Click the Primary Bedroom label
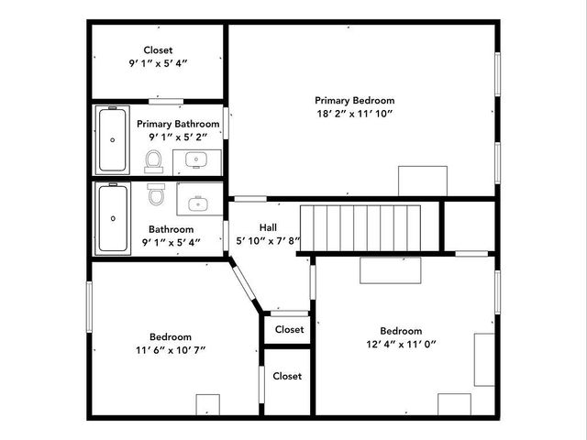[x=354, y=101]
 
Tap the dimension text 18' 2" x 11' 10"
[x=354, y=115]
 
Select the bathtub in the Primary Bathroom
[x=113, y=140]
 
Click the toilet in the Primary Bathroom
[x=153, y=161]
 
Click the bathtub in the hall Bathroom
[x=113, y=218]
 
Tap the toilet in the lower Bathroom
[x=156, y=194]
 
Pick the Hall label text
[x=268, y=228]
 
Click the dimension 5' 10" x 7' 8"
[x=268, y=242]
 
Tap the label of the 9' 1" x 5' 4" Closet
[x=158, y=50]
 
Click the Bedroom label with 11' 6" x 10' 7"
[x=171, y=336]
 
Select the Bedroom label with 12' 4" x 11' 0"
[x=401, y=331]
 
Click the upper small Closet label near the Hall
[x=289, y=329]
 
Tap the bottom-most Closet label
[x=287, y=376]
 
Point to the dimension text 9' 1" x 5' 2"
[x=178, y=137]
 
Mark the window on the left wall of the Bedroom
[x=90, y=307]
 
